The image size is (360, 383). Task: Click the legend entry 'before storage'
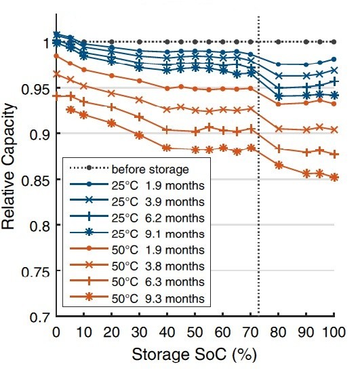pos(129,169)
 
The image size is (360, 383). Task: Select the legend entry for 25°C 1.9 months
pos(137,185)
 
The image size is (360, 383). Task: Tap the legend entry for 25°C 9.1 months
pos(137,234)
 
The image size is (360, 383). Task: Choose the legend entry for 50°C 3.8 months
pos(137,266)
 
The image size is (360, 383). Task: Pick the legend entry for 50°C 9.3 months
pos(137,298)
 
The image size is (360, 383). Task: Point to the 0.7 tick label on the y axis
pos(40,317)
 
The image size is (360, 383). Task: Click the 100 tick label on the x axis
pos(334,332)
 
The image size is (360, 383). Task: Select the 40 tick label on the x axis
pos(167,332)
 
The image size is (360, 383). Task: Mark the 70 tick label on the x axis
pos(251,332)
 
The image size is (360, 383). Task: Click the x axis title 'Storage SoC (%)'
pos(195,355)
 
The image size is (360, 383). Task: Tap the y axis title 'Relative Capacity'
pos(8,166)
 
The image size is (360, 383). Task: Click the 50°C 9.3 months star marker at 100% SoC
pos(334,178)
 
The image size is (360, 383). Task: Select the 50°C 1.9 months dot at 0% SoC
pos(56,56)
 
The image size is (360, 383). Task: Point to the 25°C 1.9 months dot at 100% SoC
pos(334,59)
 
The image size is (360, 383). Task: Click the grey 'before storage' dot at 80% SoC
pos(278,42)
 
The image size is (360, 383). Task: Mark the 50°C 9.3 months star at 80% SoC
pos(279,165)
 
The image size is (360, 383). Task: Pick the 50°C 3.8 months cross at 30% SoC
pos(139,100)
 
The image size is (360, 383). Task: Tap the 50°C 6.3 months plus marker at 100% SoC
pos(334,154)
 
